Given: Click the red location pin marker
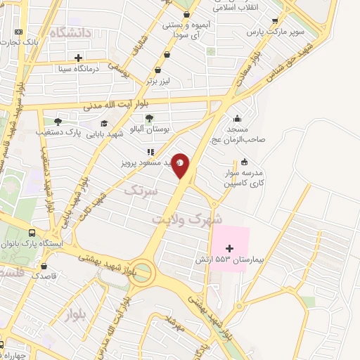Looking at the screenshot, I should (181, 166).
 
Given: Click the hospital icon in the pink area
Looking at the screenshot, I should (229, 247).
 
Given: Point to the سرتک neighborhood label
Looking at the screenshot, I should (137, 191).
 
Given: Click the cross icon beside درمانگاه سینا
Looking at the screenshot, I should (78, 58).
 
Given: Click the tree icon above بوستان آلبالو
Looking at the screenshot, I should (148, 117).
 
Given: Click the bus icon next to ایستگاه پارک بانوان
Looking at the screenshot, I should (32, 233).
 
